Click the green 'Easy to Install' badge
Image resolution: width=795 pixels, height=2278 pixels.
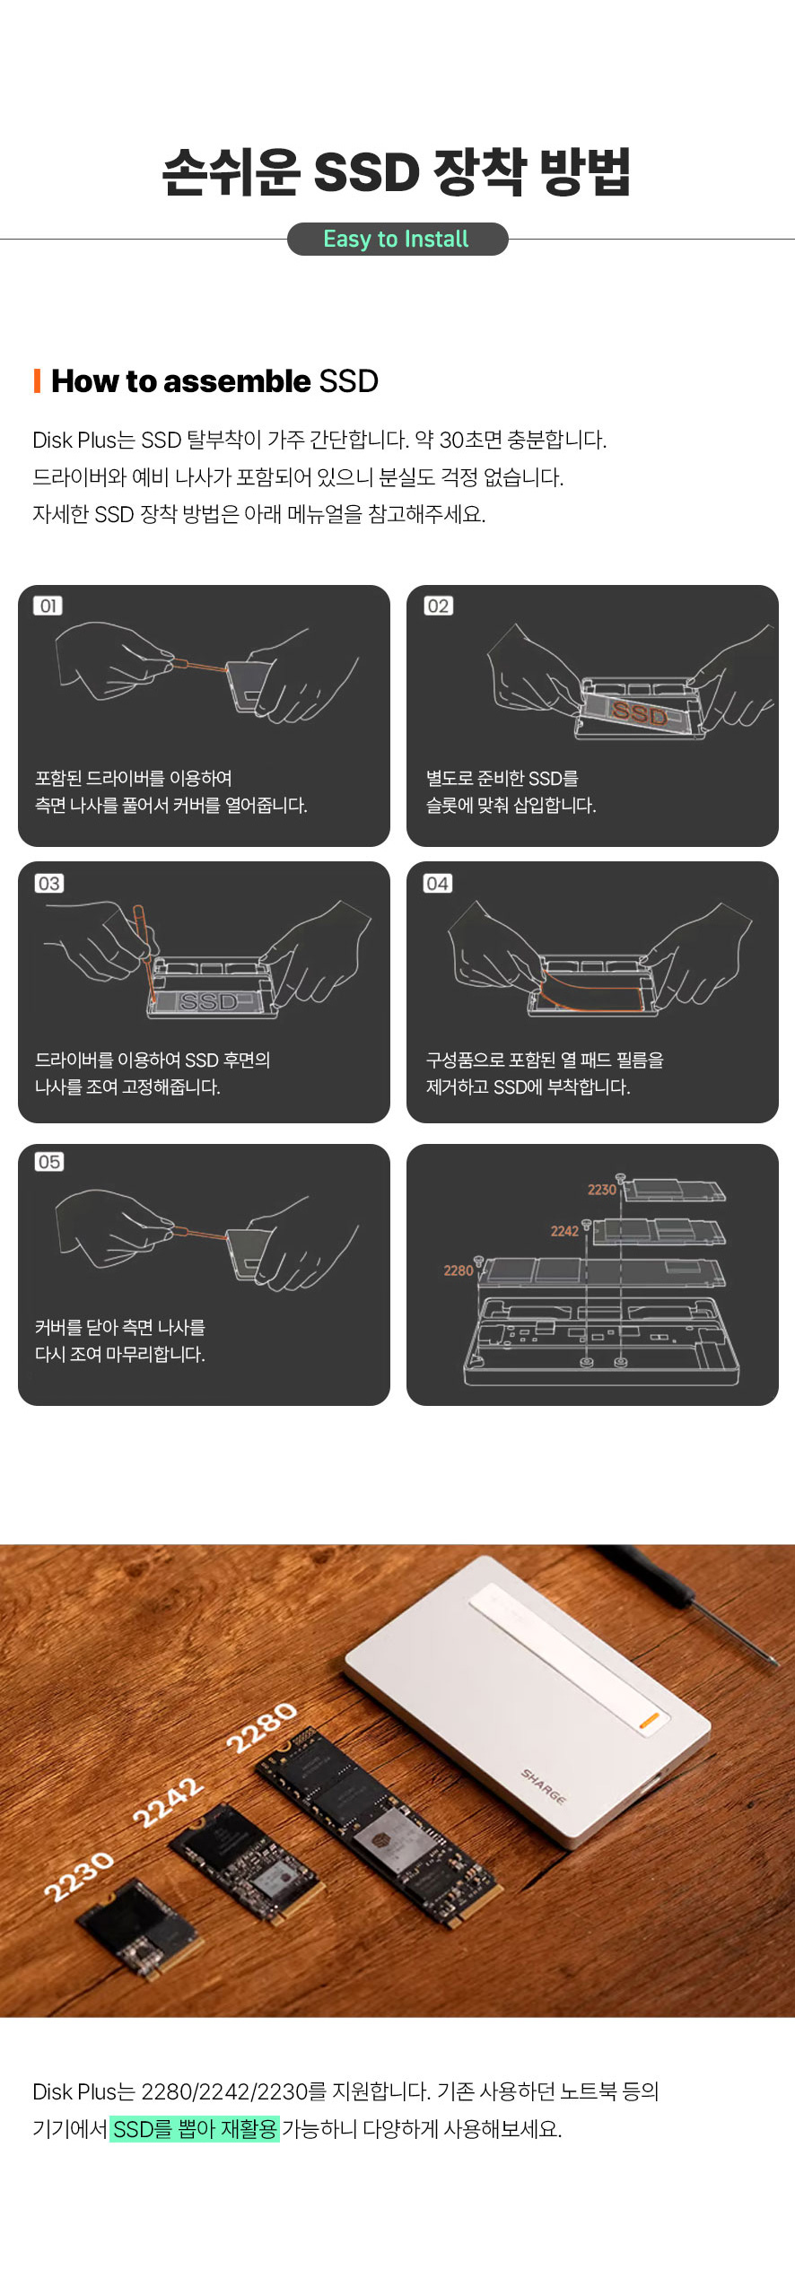coord(397,240)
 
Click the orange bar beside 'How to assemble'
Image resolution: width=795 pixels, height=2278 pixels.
coord(37,380)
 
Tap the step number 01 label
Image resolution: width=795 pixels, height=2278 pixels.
coord(48,606)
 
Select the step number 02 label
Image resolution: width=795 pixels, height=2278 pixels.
coord(438,606)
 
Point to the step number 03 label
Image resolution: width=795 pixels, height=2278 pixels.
coord(48,884)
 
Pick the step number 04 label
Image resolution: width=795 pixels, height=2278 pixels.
coord(438,884)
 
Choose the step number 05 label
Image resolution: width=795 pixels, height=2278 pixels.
coord(48,1162)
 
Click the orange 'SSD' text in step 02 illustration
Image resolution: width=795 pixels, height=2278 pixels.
coord(640,713)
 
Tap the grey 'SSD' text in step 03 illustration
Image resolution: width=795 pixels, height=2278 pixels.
coord(208,1001)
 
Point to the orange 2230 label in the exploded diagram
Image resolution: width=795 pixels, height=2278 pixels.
coord(601,1190)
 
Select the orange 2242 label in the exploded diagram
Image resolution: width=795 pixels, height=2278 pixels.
coord(564,1231)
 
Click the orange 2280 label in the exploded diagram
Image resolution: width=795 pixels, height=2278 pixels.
coord(458,1270)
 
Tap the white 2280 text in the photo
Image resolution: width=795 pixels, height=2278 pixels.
coord(261,1727)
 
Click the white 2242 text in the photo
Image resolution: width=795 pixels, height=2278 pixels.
coord(168,1802)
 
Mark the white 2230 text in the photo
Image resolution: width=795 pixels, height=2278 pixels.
coord(79,1876)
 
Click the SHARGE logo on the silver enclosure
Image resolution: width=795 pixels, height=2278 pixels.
coord(544,1785)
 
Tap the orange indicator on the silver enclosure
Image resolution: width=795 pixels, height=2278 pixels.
coord(650,1720)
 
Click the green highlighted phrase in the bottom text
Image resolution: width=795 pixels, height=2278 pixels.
coord(195,2128)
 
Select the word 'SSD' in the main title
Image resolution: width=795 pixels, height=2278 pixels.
coord(366,172)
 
